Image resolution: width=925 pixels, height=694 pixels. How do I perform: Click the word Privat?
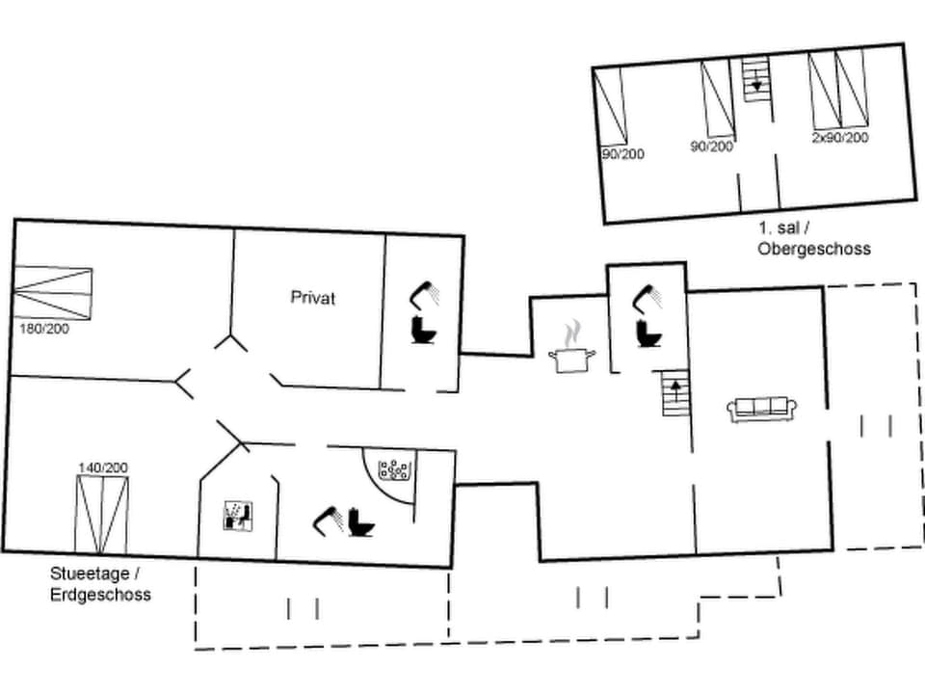(313, 298)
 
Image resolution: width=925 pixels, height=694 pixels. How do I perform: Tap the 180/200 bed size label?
(43, 328)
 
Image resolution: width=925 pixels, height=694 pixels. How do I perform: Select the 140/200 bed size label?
(103, 467)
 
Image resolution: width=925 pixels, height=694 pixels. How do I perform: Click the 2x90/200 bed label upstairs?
(839, 138)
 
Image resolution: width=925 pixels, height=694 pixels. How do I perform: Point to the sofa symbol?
(761, 410)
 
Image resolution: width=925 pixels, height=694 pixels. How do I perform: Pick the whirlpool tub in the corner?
(395, 471)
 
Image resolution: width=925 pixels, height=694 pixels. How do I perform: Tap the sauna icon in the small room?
(237, 515)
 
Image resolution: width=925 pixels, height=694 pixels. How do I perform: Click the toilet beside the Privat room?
(423, 329)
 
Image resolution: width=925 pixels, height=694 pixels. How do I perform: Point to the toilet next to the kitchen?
(647, 333)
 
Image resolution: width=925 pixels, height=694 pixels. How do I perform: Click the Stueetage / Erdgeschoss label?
(100, 584)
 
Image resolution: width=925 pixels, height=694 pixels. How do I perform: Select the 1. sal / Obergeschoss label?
(813, 240)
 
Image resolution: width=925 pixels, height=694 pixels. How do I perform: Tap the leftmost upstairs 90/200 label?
(622, 154)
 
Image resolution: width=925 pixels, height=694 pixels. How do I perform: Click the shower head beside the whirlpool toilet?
(330, 520)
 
